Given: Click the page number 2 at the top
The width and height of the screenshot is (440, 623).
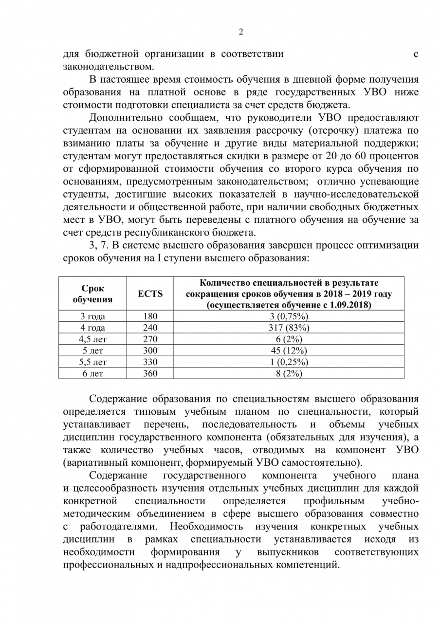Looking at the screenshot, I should [241, 32].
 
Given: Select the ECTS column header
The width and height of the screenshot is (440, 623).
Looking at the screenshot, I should [150, 293].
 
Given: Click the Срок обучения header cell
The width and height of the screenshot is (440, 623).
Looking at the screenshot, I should [92, 293].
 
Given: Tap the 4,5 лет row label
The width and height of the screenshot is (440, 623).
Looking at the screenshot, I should [92, 339].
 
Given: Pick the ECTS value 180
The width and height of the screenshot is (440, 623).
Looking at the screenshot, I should [150, 316].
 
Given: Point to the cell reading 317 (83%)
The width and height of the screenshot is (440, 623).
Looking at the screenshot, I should [289, 328].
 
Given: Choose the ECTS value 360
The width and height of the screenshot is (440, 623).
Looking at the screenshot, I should [150, 373].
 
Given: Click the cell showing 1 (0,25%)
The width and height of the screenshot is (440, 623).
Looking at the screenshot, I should [289, 362].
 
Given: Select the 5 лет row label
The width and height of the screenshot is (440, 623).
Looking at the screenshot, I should [92, 350].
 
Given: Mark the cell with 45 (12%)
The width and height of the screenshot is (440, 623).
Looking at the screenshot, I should [289, 350].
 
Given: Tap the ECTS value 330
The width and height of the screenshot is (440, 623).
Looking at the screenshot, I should [150, 362].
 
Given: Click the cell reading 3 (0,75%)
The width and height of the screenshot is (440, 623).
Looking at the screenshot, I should [289, 316].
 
